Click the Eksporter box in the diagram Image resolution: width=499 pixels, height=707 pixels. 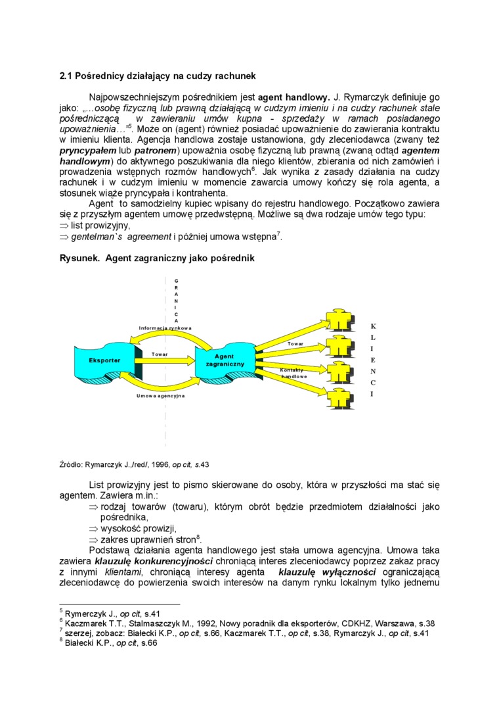pyautogui.click(x=104, y=361)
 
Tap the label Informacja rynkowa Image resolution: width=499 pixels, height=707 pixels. pyautogui.click(x=165, y=328)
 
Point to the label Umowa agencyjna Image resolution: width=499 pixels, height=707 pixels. pyautogui.click(x=161, y=396)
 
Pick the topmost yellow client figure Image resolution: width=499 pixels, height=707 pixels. pyautogui.click(x=339, y=320)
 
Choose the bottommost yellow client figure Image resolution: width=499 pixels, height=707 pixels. pyautogui.click(x=339, y=399)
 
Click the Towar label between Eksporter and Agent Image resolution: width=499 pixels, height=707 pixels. pyautogui.click(x=160, y=354)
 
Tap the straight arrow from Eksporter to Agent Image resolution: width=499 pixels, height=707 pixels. pyautogui.click(x=167, y=361)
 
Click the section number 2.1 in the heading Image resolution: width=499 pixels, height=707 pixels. pyautogui.click(x=66, y=76)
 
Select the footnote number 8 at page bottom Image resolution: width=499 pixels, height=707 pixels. pyautogui.click(x=61, y=642)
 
